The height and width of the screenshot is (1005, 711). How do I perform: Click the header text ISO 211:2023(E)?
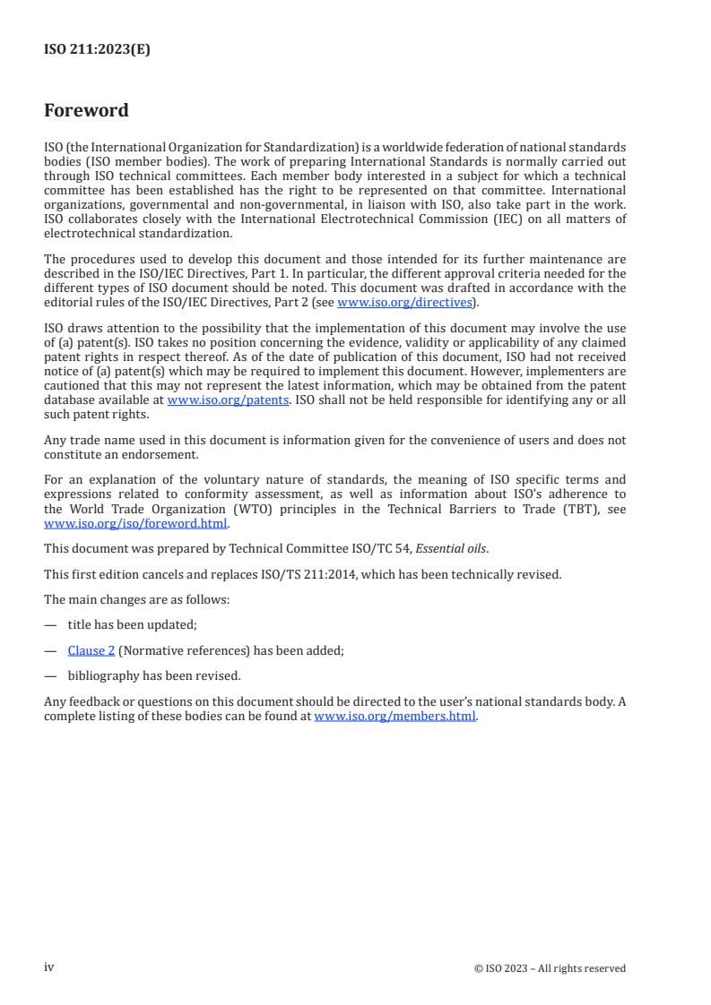(x=97, y=50)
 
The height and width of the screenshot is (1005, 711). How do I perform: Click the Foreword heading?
(x=86, y=111)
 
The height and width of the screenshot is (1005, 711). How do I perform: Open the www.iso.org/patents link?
(x=228, y=400)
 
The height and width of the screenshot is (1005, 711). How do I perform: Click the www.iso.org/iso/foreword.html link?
(x=136, y=524)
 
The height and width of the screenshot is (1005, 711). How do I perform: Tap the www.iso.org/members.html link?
(x=395, y=717)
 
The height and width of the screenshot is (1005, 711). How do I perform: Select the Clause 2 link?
(x=85, y=651)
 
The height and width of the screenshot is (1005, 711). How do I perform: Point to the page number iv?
(x=48, y=967)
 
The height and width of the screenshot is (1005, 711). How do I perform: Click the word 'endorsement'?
(x=146, y=454)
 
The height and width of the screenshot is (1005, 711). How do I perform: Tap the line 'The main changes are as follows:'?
(x=136, y=599)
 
